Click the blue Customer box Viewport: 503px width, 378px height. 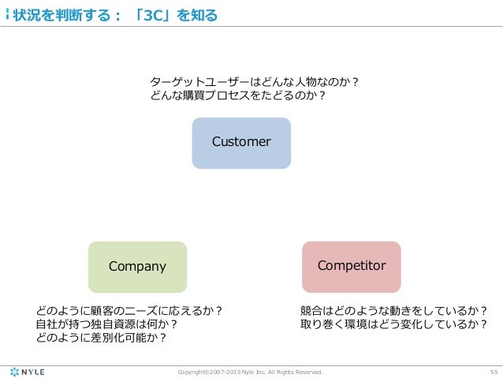[x=241, y=143]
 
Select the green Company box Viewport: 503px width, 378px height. [x=137, y=267]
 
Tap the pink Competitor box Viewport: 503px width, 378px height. [x=352, y=267]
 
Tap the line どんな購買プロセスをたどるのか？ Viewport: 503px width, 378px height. [x=238, y=96]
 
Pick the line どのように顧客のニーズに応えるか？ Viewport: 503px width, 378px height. [x=129, y=310]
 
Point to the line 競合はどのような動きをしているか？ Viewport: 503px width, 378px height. [x=393, y=310]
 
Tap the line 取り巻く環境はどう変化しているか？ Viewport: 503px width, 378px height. [x=393, y=324]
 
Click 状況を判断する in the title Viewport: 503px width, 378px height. [x=62, y=14]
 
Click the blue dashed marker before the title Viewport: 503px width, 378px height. [x=6, y=13]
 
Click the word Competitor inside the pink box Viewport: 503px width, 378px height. [x=352, y=266]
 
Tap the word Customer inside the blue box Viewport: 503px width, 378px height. [x=241, y=142]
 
